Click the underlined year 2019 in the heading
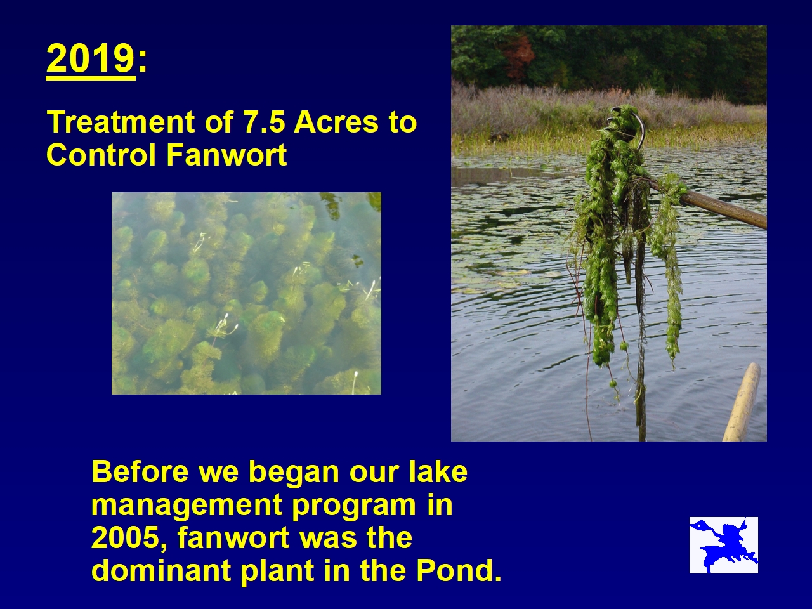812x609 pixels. pos(91,59)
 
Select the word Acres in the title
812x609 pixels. pos(336,122)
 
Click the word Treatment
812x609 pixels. pos(121,122)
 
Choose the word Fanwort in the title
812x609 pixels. pos(226,155)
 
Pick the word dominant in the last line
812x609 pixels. pos(161,570)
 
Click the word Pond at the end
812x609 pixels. pos(454,570)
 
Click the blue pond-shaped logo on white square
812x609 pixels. pos(724,545)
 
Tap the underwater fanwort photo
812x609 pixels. pos(246,293)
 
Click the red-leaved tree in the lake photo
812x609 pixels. pos(520,55)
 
